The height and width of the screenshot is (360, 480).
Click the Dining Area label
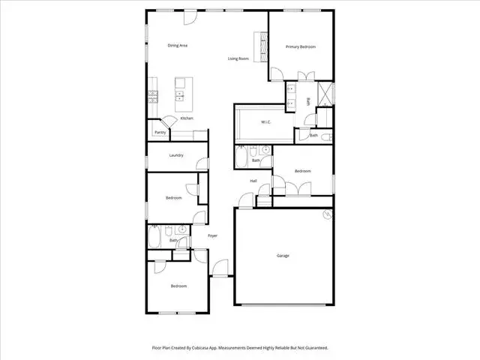point(178,46)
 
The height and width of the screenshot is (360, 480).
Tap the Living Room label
point(238,58)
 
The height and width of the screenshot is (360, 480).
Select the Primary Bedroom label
point(301,46)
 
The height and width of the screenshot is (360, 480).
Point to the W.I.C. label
point(265,122)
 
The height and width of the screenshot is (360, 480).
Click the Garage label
point(283,256)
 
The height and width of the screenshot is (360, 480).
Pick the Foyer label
point(213,235)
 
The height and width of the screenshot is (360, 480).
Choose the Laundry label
point(176,155)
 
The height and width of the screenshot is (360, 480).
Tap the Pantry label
point(160,133)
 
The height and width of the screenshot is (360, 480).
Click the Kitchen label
point(187,118)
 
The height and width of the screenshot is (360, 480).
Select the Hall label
point(253,181)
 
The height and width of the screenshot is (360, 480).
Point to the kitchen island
point(184,94)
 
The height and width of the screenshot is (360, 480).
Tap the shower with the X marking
point(325,93)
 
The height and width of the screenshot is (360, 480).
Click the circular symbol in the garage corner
point(328,214)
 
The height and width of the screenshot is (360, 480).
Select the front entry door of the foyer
point(220,268)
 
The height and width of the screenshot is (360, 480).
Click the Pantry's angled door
point(169,121)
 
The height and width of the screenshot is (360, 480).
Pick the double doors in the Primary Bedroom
point(306,76)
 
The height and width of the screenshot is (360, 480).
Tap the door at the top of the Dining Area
point(190,17)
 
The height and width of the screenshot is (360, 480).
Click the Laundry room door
point(202,163)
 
